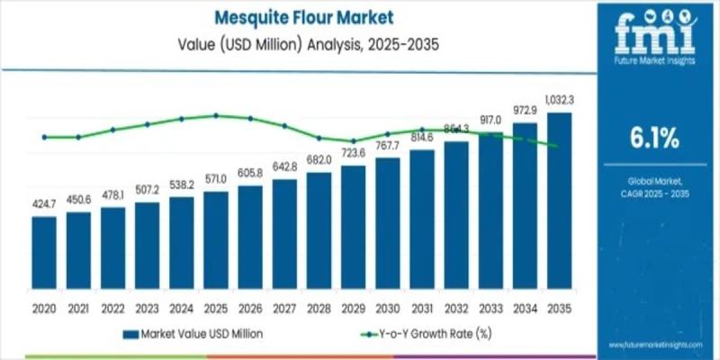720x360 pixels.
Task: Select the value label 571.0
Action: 216,179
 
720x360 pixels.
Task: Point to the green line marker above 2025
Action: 216,115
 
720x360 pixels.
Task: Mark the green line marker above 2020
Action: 43,137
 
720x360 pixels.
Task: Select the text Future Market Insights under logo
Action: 655,64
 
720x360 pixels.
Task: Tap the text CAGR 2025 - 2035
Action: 654,193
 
